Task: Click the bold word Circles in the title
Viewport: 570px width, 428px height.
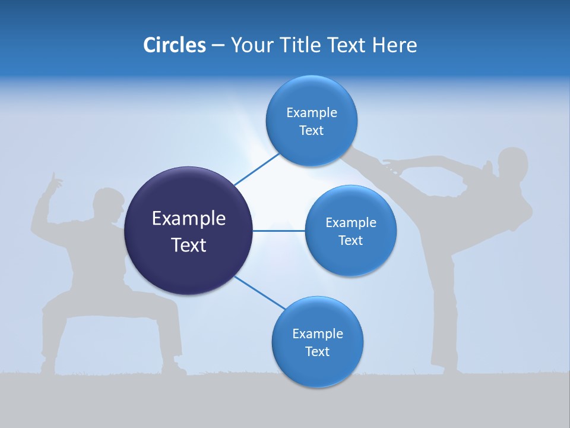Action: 174,45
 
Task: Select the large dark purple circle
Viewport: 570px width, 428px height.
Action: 188,231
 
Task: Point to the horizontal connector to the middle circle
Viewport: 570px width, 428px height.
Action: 279,231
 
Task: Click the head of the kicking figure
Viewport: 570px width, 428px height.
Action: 512,163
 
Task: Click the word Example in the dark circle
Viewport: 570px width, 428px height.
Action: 188,218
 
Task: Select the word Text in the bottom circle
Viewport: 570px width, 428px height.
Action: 317,351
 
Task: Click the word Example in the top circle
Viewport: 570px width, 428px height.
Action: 311,113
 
